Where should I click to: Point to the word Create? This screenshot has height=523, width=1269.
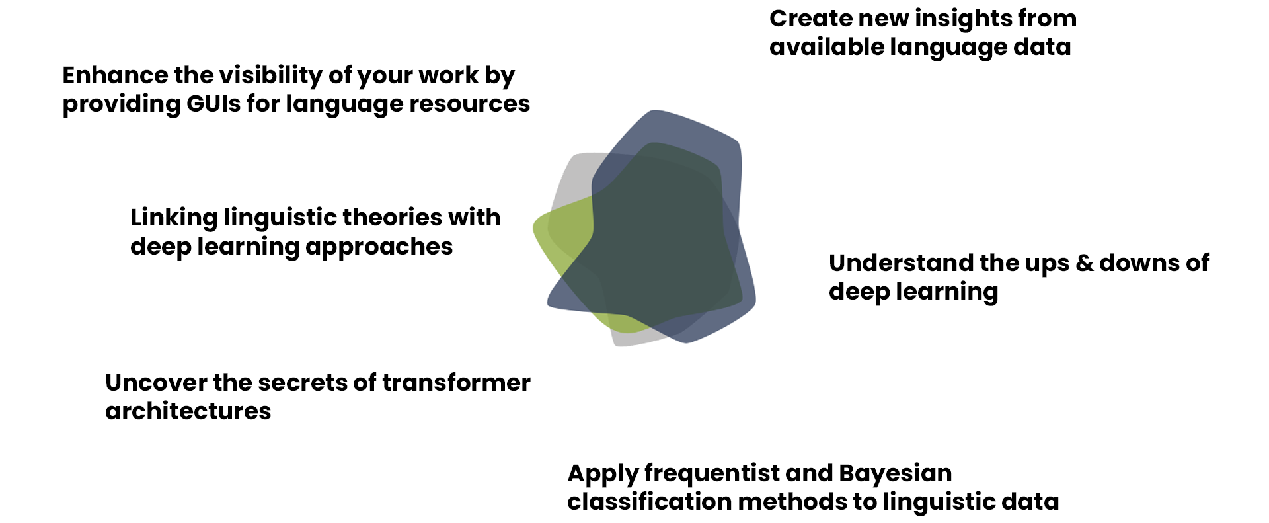point(811,19)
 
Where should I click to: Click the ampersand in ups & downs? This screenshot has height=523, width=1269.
point(1084,263)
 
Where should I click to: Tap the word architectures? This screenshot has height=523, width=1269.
point(188,411)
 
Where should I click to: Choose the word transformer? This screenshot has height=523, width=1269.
point(456,383)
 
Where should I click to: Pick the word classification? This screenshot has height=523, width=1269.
point(649,502)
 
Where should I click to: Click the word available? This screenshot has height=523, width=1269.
point(826,47)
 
